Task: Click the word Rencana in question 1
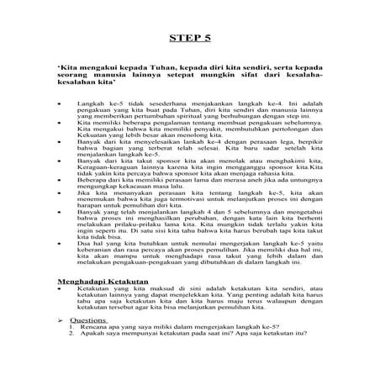(96, 327)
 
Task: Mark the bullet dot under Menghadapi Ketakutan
(59, 288)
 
